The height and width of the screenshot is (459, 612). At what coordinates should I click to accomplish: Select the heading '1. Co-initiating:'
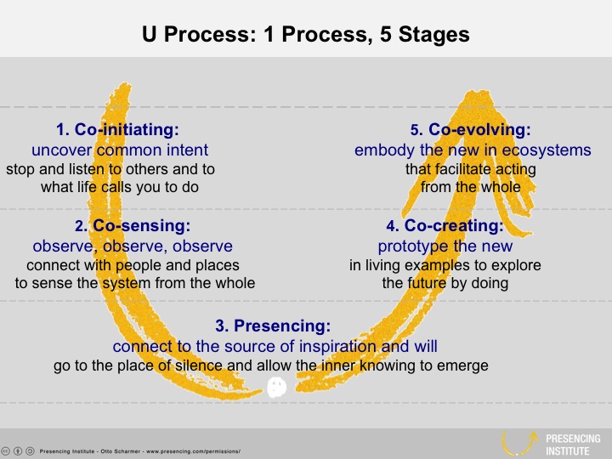tap(118, 130)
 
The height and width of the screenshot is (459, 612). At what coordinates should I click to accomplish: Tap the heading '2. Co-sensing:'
tap(132, 226)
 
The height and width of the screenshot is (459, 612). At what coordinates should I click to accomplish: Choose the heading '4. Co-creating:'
tap(444, 226)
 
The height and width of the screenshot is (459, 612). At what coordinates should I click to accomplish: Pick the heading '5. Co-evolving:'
tap(470, 130)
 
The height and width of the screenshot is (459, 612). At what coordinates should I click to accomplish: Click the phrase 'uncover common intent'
tap(120, 150)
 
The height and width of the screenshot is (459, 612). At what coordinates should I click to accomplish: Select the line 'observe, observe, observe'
tap(132, 246)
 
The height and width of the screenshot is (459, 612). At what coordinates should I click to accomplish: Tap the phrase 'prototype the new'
tap(445, 246)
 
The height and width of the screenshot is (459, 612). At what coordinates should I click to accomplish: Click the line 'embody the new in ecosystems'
tap(473, 150)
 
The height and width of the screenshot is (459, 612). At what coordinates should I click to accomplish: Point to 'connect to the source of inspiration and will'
tap(275, 346)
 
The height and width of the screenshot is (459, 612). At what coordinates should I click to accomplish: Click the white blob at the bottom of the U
tap(276, 388)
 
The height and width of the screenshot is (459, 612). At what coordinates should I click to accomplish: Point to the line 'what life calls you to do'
tap(119, 187)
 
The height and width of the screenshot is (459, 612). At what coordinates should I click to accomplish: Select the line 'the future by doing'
tap(445, 283)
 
